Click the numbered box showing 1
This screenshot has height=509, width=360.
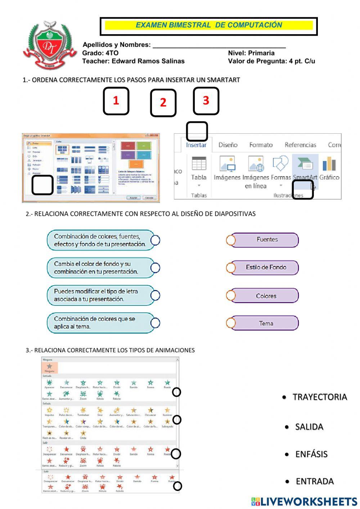pos(116,101)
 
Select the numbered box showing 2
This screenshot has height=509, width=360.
pos(163,103)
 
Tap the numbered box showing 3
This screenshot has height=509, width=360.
pos(206,101)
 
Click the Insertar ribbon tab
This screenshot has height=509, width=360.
pos(196,145)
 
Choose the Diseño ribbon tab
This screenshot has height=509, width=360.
pos(228,145)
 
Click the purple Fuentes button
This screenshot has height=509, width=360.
pos(267,240)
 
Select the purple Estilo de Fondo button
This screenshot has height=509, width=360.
pos(266,268)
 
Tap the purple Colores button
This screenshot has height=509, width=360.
pos(266,296)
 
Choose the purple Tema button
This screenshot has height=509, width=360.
pos(266,323)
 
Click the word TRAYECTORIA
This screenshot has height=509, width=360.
pos(320,397)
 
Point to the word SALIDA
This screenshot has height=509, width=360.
pos(309,427)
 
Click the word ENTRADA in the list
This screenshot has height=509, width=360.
pos(315,481)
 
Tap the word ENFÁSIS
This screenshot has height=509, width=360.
pos(311,454)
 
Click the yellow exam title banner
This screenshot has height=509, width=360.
pos(209,25)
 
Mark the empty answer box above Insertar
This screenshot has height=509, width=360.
pos(197,131)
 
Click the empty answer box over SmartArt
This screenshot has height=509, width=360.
pos(303,189)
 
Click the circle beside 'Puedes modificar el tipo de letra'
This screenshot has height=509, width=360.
pos(155,295)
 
